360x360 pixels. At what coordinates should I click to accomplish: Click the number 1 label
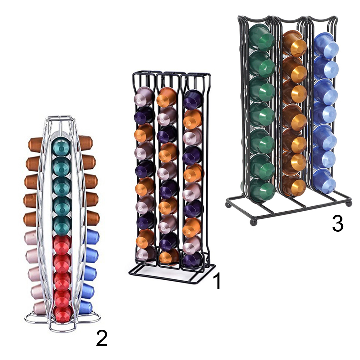point(217,281)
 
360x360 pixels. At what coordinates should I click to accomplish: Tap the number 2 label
point(102,339)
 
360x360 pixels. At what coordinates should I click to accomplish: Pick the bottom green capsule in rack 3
point(262,189)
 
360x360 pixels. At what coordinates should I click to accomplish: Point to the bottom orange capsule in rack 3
point(294,186)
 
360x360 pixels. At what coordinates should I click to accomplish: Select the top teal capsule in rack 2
point(61,146)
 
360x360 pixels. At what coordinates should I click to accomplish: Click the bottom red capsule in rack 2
point(63,314)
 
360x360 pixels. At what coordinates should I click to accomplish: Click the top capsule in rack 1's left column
point(143,96)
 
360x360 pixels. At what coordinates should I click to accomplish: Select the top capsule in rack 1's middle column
point(166,97)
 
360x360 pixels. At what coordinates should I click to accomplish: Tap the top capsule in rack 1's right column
point(193,99)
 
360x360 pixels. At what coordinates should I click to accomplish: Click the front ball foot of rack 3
point(253,222)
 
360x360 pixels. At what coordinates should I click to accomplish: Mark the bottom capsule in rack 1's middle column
point(169,257)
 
